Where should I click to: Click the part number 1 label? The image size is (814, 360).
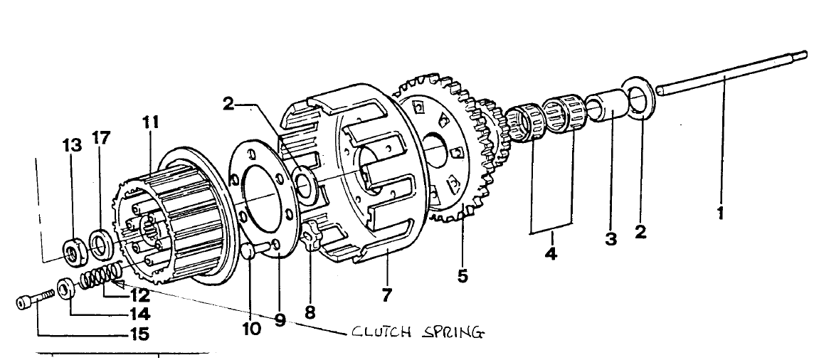coord(720,213)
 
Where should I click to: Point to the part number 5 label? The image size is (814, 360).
coord(463,275)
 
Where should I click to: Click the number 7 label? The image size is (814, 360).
coord(386,294)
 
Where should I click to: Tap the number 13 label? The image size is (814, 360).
coord(72,147)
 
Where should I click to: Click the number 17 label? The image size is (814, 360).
coord(102,138)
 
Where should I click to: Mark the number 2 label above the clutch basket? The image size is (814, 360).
coord(228,105)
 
